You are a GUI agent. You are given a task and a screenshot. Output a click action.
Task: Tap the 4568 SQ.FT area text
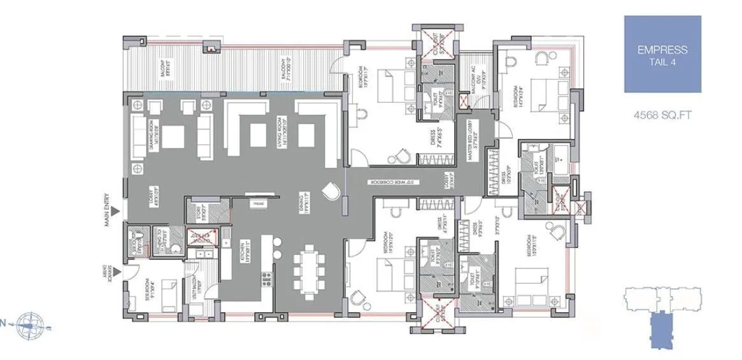coord(662,115)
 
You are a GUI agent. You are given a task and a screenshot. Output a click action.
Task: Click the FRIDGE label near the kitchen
coord(258,204)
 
